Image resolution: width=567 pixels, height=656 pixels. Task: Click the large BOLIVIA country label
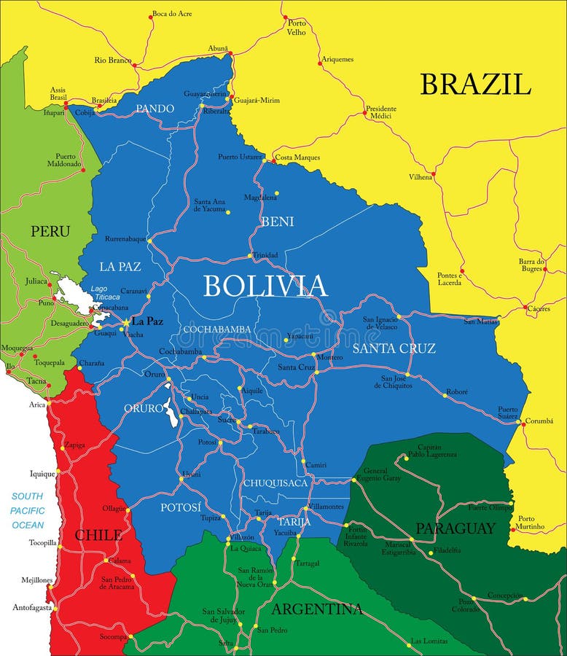click(265, 286)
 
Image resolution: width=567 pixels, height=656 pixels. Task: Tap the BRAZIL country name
click(474, 85)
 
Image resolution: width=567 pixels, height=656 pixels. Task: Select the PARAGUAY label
click(455, 528)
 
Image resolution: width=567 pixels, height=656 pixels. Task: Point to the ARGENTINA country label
click(316, 609)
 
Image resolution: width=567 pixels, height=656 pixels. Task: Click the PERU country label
click(50, 231)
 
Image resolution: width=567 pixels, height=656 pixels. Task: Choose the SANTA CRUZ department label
click(394, 348)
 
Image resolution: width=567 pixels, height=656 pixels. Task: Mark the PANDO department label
click(155, 109)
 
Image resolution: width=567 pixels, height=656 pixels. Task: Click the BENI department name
click(277, 221)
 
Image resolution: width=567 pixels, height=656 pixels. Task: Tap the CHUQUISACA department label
click(275, 483)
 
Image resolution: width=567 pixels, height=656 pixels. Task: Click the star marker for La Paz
click(125, 321)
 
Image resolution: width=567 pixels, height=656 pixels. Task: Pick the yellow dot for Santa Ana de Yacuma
click(227, 212)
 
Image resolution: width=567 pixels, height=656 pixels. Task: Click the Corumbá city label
click(539, 421)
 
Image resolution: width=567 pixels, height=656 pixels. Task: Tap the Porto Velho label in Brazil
click(297, 28)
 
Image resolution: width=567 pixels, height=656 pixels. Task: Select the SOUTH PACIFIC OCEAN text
click(28, 510)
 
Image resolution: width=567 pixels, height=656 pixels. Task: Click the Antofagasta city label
click(32, 607)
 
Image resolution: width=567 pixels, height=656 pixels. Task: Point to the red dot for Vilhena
click(433, 175)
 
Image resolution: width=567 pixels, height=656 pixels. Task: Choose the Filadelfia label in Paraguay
click(447, 550)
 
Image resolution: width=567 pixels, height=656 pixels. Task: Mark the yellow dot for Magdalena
click(276, 193)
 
